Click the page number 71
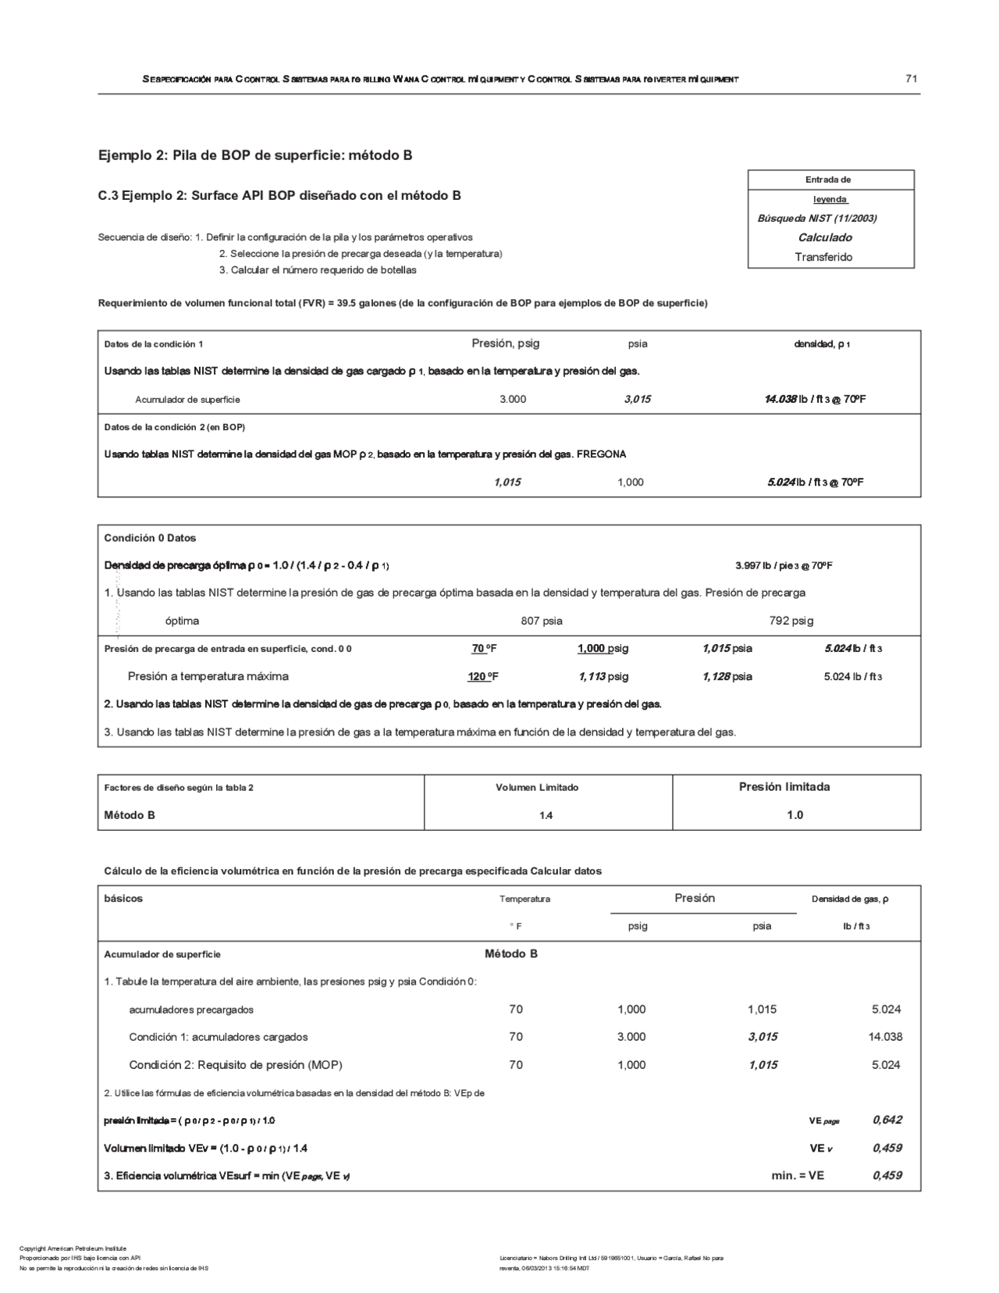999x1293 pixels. tap(911, 78)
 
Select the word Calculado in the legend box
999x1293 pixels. tap(824, 237)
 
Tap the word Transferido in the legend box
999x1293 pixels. tap(823, 257)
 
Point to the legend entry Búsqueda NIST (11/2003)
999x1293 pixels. tap(817, 219)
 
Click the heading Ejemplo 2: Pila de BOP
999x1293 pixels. tap(255, 155)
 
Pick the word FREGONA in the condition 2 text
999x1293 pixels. tap(601, 454)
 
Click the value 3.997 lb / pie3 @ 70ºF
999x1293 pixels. tap(784, 565)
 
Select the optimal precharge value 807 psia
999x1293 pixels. tap(542, 621)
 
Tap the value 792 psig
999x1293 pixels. tap(791, 621)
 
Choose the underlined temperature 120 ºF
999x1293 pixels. tap(483, 676)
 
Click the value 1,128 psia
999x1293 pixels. tap(727, 676)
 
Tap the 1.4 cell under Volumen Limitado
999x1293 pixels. tap(546, 815)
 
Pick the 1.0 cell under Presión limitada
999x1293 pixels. tap(795, 815)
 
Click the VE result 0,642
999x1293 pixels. tap(887, 1120)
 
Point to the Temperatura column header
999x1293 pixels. tap(524, 899)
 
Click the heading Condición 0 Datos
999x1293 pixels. tap(150, 538)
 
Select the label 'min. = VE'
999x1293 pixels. tap(798, 1175)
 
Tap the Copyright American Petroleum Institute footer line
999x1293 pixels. tap(73, 1248)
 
